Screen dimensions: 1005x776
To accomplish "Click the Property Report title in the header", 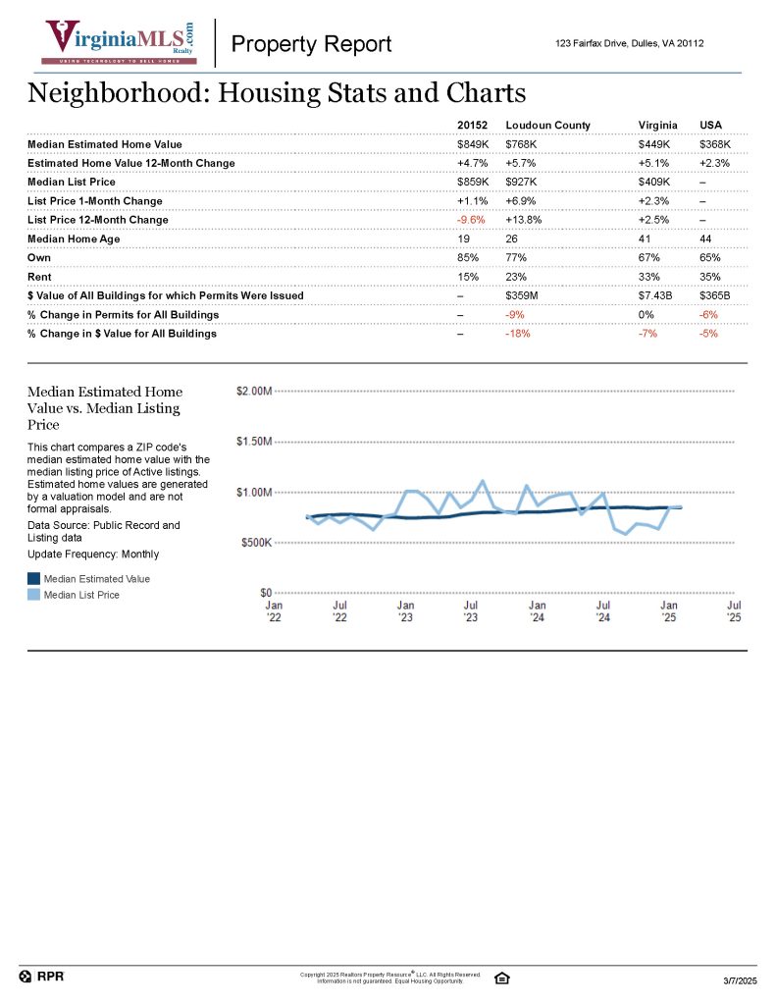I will [x=311, y=44].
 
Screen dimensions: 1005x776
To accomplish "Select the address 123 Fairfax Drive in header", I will [x=629, y=44].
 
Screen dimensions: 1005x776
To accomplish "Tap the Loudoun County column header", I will [x=547, y=126].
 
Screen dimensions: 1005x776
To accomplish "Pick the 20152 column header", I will [x=472, y=126].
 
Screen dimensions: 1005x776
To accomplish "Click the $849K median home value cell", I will [x=473, y=144].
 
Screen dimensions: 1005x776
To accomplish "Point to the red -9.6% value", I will [x=471, y=220].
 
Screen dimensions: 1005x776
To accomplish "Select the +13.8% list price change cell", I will [x=524, y=220].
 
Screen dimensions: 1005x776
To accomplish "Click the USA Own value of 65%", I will [x=710, y=257].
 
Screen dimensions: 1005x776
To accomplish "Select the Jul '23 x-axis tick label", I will [x=471, y=611].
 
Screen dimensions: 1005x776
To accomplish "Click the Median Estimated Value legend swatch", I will [x=34, y=579].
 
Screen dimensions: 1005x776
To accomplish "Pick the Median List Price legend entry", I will [x=81, y=595].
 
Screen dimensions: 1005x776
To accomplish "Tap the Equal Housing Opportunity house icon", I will [x=502, y=978].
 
